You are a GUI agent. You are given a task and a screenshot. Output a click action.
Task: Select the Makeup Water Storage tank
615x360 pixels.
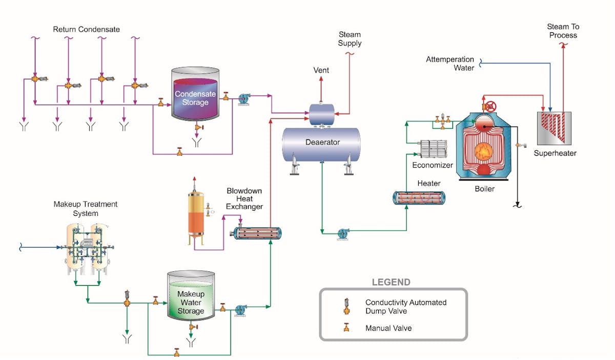pos(191,300)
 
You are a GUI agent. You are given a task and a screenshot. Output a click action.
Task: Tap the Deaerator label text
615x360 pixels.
pos(323,142)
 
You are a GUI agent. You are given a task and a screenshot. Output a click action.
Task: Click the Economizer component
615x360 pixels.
pos(433,149)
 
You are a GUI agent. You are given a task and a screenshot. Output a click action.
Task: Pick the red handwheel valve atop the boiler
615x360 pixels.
pos(490,107)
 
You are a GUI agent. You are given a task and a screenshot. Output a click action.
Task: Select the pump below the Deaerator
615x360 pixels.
pos(343,234)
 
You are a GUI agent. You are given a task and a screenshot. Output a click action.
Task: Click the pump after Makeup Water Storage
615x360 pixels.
pos(241,310)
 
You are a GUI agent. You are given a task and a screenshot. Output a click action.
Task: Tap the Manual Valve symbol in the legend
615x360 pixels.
pos(347,327)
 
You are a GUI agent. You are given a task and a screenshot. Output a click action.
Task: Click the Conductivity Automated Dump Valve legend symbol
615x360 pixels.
pos(347,306)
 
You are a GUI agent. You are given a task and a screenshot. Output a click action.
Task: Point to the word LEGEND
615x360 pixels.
pos(391,282)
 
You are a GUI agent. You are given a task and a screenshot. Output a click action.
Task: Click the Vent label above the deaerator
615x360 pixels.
pos(321,70)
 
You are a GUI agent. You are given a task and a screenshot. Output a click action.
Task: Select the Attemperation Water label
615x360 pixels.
pos(450,64)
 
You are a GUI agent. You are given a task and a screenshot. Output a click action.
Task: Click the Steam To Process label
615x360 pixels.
pos(562,31)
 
